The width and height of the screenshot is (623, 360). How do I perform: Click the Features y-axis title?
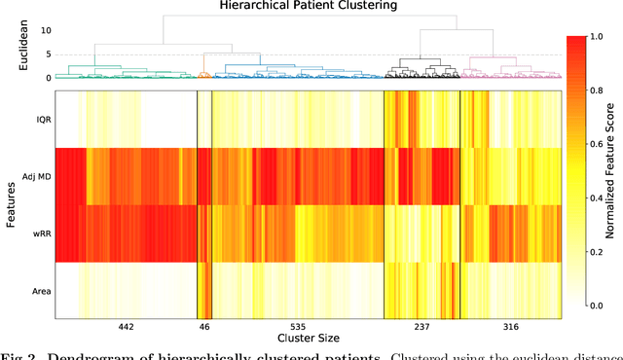(x=8, y=204)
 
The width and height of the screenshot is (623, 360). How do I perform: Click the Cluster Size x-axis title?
(x=307, y=340)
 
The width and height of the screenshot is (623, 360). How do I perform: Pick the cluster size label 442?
(x=126, y=328)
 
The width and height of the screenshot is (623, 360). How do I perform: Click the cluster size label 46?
(x=204, y=328)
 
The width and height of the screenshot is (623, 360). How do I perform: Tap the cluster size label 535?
(x=297, y=328)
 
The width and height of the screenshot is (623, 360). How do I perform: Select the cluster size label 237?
(x=421, y=328)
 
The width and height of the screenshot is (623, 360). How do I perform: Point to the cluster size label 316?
(x=509, y=328)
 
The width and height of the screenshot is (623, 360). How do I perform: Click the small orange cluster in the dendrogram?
(x=204, y=74)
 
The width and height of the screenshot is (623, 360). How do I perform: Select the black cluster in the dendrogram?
(x=421, y=70)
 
